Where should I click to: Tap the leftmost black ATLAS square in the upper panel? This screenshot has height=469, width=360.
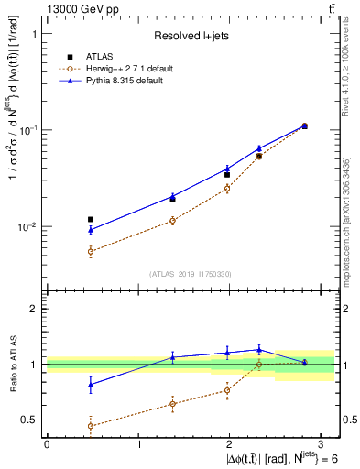coord(90,220)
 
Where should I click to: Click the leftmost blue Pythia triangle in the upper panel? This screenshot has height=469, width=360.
coord(90,230)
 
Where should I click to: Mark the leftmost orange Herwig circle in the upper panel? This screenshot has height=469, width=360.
coord(90,251)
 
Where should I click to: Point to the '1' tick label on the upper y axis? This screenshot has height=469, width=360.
coord(35,34)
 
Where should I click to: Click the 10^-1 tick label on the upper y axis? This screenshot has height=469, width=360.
coord(30,130)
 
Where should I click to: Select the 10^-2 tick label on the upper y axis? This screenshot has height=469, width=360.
coord(30,226)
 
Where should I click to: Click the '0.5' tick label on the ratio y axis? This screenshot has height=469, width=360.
coord(31,420)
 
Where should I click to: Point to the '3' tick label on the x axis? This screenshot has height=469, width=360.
coord(322,443)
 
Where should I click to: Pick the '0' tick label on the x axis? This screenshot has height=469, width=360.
coord(47,443)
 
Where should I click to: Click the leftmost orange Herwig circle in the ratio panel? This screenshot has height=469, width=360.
coord(90,426)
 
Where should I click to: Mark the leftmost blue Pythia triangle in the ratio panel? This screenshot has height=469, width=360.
coord(90,385)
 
